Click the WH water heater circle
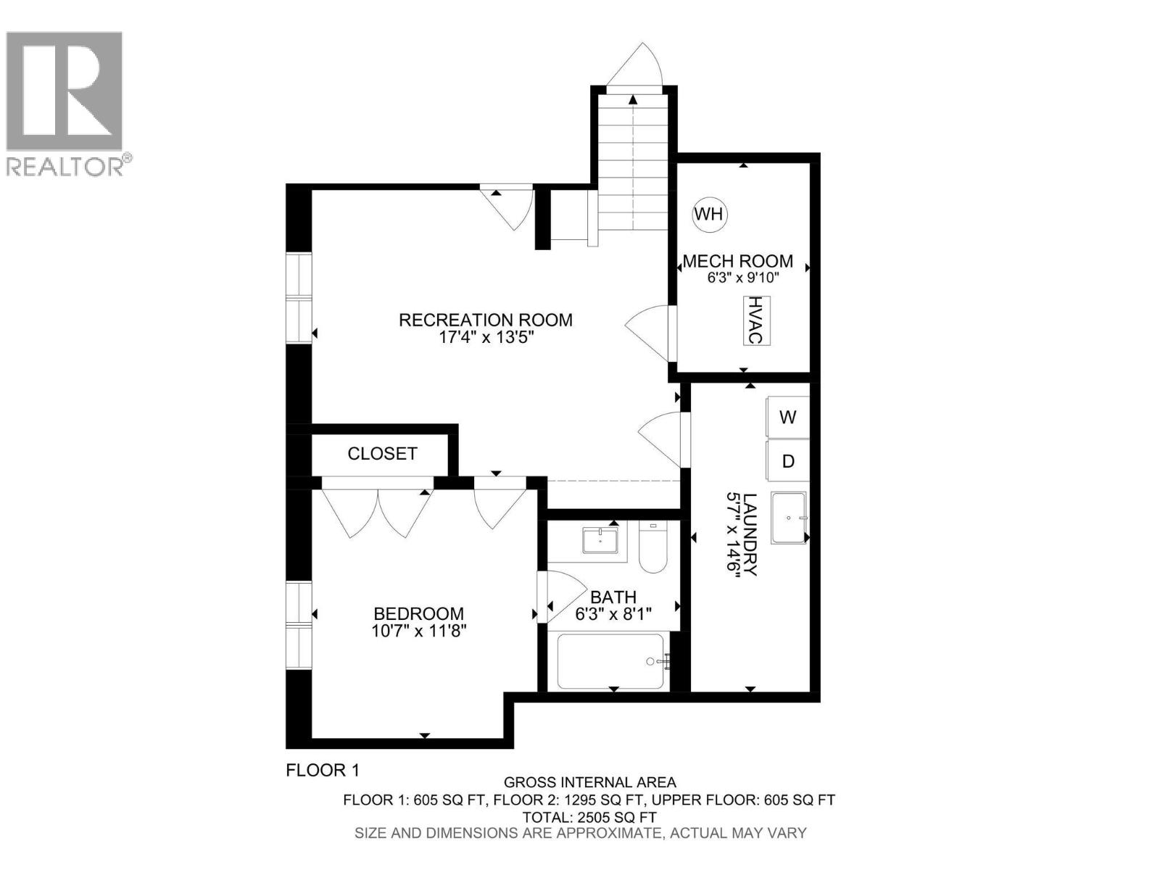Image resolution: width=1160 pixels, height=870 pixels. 708,214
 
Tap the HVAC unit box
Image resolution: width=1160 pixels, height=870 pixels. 755,320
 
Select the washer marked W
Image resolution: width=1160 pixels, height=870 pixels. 787,417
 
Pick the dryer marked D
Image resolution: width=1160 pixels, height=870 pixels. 787,461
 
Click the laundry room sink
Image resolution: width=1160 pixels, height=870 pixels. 788,518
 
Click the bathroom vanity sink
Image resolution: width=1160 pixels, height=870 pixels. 600,541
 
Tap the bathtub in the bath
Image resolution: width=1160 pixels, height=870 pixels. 610,661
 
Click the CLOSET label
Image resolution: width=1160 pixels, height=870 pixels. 382,454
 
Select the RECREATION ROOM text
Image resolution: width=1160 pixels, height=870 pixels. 485,320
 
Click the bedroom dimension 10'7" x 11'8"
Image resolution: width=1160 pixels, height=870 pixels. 418,631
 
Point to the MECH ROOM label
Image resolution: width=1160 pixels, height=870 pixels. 737,261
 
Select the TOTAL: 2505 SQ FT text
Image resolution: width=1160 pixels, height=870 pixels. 589,817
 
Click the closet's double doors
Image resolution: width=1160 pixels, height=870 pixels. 377,511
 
